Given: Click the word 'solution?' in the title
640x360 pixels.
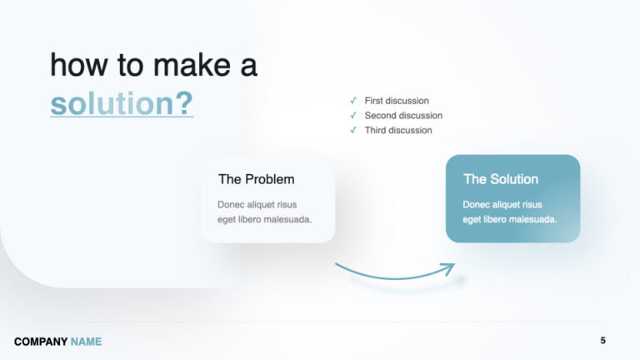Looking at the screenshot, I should (x=122, y=103).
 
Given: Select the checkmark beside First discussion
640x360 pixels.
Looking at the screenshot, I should (x=353, y=101).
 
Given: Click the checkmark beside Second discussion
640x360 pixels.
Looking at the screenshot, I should (x=353, y=116).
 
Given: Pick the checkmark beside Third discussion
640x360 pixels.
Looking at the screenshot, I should (x=353, y=130).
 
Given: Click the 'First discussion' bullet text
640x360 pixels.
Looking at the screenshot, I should (x=397, y=101).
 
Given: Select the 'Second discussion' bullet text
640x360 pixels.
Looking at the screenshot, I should (x=403, y=116).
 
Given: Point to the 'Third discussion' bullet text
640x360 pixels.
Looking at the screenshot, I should (x=398, y=130).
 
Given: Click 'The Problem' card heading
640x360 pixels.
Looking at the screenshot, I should (x=256, y=179).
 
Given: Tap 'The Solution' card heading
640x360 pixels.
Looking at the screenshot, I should (x=501, y=179).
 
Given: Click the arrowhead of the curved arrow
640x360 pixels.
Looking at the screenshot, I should (x=450, y=267).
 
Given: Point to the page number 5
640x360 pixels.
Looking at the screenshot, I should (x=603, y=341).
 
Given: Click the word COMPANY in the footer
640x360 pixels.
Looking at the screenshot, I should (x=40, y=342).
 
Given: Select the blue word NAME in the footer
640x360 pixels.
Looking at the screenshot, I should (x=86, y=342).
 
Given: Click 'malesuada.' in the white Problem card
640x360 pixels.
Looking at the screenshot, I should (x=287, y=219).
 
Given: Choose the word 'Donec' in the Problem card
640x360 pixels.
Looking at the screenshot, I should (x=231, y=204).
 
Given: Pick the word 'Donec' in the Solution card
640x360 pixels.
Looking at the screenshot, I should (x=477, y=204).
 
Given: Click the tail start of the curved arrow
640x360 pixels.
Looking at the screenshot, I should (x=337, y=265).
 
